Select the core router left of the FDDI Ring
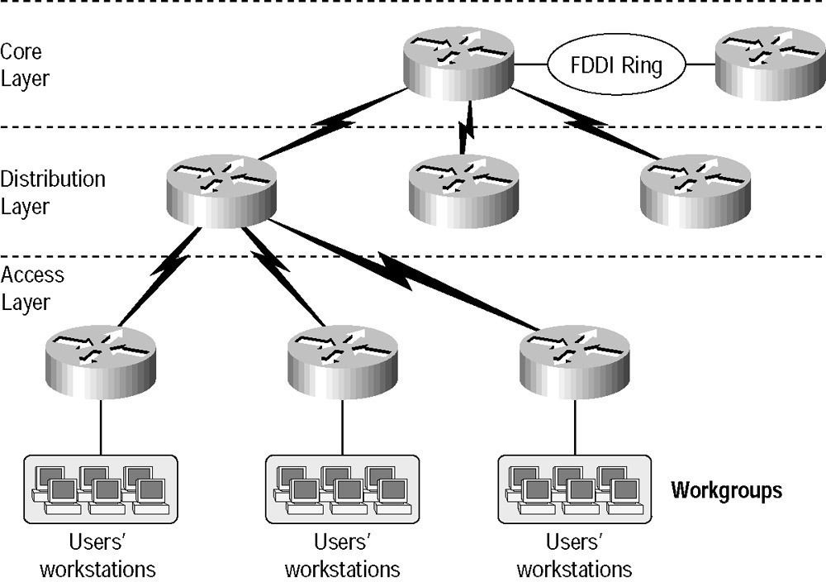point(458,64)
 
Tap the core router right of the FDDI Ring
point(770,64)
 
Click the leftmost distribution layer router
point(221,191)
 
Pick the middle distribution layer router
point(463,191)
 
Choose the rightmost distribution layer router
point(695,191)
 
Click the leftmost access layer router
point(101,362)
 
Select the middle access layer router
point(343,362)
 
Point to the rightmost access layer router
point(574,362)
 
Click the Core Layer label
point(25,64)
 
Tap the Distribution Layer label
point(53,193)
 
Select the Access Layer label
point(32,289)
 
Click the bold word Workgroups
point(726,490)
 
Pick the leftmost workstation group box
point(101,489)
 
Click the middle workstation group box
point(343,489)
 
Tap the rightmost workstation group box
point(575,489)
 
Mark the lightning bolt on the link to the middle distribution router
point(466,126)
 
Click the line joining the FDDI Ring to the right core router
point(700,64)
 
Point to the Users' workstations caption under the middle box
point(343,556)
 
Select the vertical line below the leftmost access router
point(101,427)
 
